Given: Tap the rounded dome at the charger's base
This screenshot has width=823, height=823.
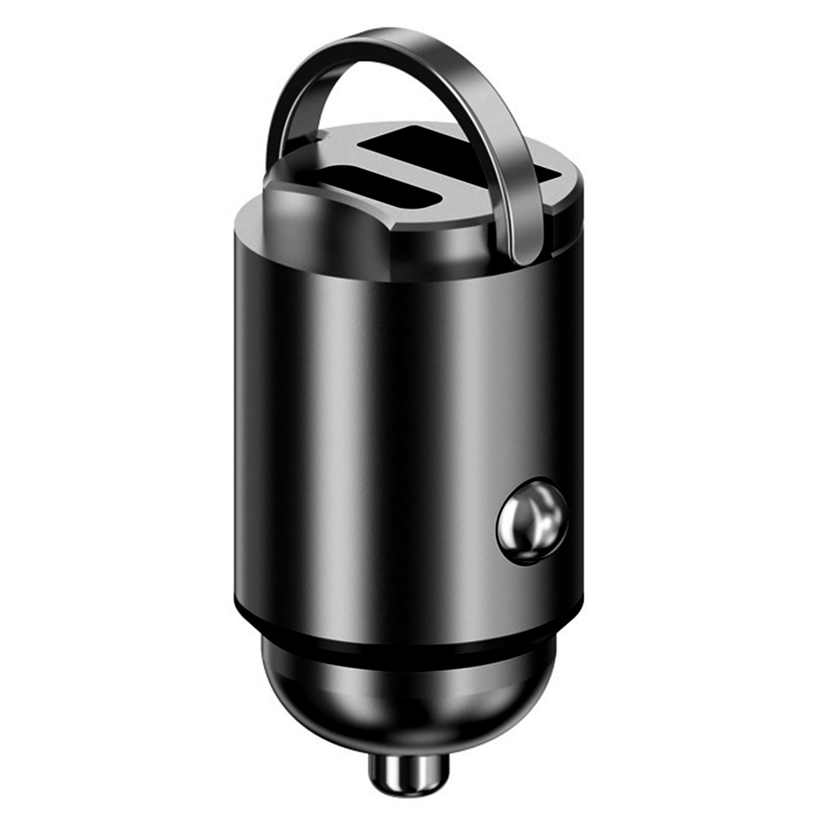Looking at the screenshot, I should point(409,705).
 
